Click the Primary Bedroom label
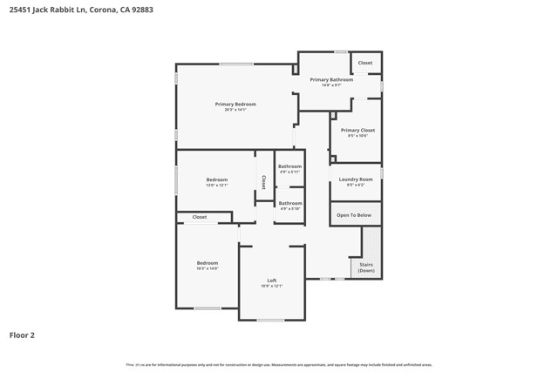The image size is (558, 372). (235, 105)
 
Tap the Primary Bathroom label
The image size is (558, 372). (331, 80)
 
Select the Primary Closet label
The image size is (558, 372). (357, 131)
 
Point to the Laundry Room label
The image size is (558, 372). (356, 179)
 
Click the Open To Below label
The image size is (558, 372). (354, 215)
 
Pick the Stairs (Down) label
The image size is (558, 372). (366, 267)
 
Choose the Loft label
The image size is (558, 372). (272, 281)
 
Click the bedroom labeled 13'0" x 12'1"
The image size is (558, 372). (216, 180)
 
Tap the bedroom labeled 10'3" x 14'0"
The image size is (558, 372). (207, 263)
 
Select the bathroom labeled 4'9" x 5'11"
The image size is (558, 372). (289, 166)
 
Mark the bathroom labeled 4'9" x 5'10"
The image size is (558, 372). (290, 204)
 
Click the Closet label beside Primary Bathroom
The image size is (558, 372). (365, 63)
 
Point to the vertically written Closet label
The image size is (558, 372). (263, 182)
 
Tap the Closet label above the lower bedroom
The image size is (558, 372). (200, 217)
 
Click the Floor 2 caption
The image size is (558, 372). (22, 335)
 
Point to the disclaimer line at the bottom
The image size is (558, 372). (279, 364)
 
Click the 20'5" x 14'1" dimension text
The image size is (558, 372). (235, 110)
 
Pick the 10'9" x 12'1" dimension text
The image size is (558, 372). (272, 286)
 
